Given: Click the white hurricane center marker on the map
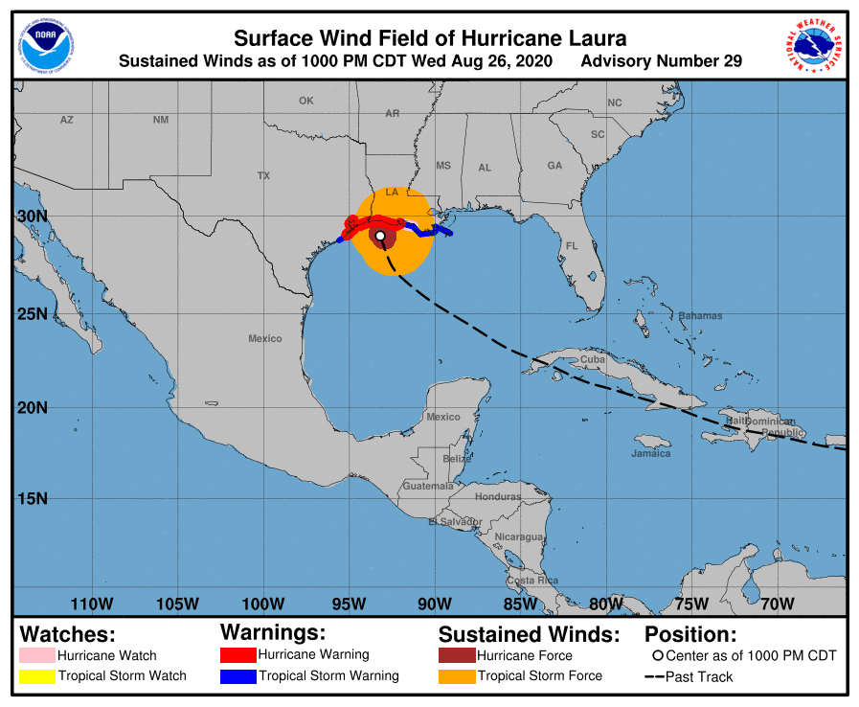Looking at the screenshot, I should (x=380, y=236).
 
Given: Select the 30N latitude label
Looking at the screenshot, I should (x=32, y=217).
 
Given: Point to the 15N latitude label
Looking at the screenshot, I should (x=32, y=498).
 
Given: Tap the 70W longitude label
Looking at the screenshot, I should (x=777, y=604).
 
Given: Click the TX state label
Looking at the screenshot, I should (x=263, y=176).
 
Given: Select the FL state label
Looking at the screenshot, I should (x=572, y=246).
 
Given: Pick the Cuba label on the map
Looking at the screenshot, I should (x=593, y=359).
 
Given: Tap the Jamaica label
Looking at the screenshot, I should (x=651, y=453).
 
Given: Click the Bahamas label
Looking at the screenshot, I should (x=700, y=316).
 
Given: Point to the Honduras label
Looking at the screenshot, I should (x=499, y=496).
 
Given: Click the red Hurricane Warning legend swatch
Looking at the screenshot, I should (x=238, y=655).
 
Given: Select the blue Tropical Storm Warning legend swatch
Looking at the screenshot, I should (x=238, y=676).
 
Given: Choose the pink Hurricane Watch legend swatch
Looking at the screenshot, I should (x=36, y=656).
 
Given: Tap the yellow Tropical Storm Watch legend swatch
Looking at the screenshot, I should (x=36, y=676).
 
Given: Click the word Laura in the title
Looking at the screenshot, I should (x=596, y=39).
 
